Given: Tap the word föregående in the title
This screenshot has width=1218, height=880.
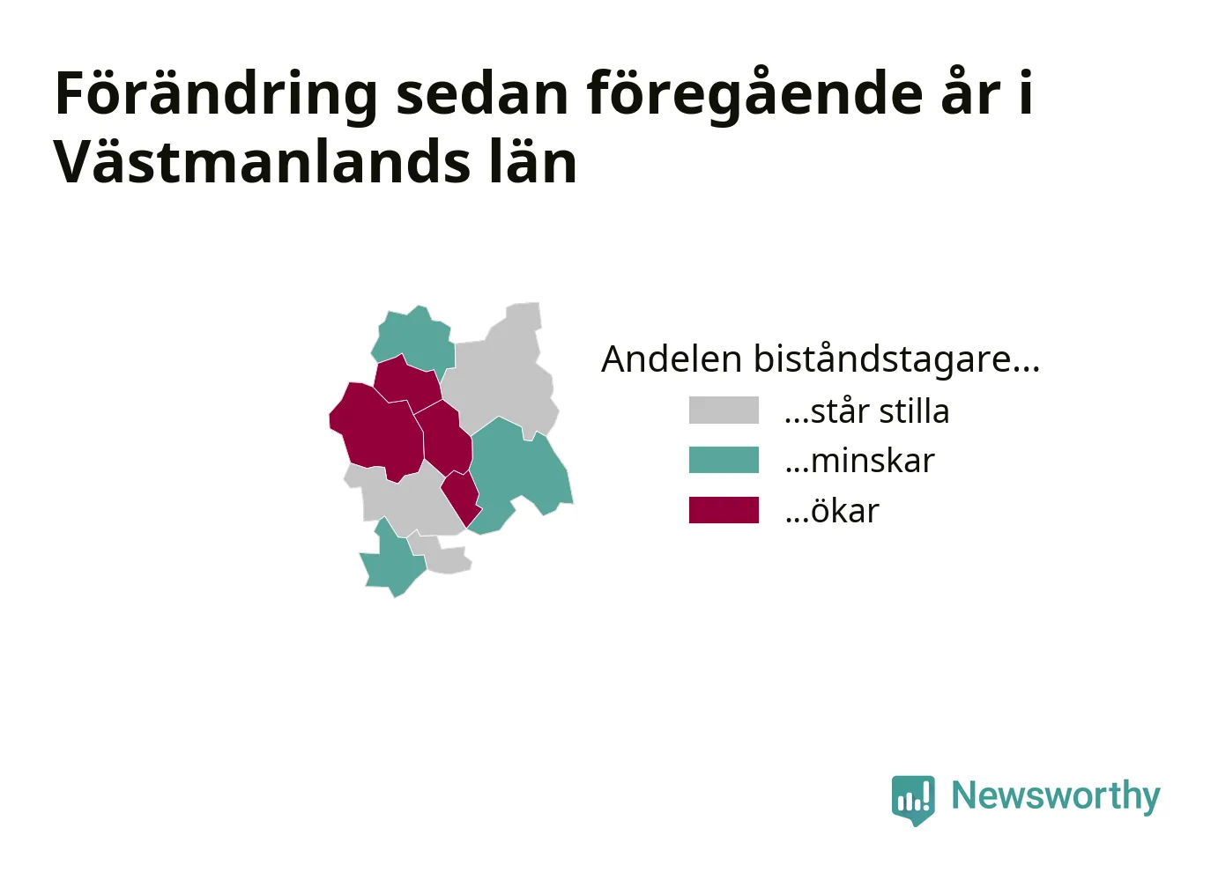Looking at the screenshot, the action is (754, 94).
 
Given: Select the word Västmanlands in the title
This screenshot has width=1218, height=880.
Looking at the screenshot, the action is (262, 161).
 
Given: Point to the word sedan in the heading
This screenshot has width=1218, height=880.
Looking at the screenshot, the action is (482, 93).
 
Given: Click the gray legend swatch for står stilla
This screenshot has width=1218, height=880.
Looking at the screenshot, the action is (724, 410).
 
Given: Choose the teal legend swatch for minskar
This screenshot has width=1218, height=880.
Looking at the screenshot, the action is (724, 460).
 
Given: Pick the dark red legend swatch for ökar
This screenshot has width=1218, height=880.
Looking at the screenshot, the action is (724, 510).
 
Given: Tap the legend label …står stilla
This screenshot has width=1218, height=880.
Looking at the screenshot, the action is (866, 410).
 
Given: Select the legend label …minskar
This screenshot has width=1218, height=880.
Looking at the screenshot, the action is (859, 461).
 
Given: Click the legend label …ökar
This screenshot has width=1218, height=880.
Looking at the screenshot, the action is (832, 511).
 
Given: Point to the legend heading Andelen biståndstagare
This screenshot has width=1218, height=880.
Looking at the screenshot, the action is (821, 359).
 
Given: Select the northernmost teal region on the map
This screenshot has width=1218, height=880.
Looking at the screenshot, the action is (414, 340).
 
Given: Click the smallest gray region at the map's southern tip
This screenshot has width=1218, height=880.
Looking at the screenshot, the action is (441, 553).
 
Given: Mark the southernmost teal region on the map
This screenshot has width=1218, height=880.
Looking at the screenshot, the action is (392, 561).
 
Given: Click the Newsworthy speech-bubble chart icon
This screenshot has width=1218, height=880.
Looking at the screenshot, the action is (913, 800).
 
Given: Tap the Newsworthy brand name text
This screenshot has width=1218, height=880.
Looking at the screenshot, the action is (1056, 796).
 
